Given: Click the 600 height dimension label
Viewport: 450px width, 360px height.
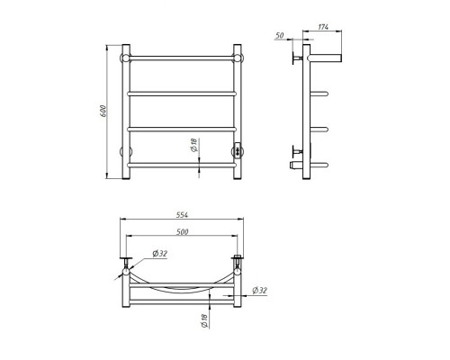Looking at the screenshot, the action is point(103,111).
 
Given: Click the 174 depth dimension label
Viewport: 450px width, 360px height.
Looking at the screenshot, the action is point(323,27).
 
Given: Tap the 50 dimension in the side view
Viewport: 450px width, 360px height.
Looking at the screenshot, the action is point(279,35).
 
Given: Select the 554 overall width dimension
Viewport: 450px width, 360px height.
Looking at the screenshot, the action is point(182,215).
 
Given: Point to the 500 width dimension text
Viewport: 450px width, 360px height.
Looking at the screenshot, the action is point(183,231).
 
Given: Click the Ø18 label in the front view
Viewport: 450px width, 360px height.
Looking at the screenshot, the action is point(194,145).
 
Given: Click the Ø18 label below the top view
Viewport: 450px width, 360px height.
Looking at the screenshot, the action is point(204,321).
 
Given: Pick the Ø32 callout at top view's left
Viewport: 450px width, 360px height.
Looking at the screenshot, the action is point(159,254).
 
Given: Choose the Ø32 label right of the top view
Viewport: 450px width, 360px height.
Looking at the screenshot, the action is point(260,291).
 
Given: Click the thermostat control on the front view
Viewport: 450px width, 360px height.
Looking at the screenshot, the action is point(238,150).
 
